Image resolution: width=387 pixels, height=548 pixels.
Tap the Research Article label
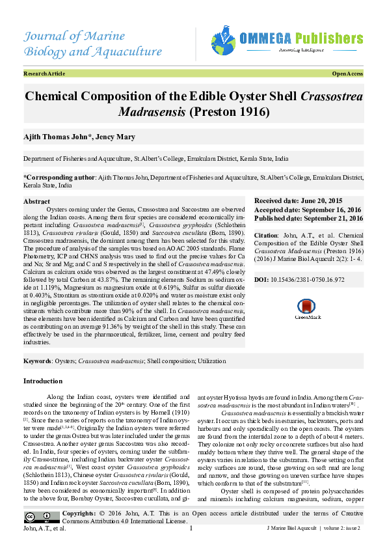pos(44,74)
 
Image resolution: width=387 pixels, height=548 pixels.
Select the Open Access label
pos(347,74)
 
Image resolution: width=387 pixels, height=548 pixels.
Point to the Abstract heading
pos(36,202)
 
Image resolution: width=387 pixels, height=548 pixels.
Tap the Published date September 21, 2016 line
pos(308,218)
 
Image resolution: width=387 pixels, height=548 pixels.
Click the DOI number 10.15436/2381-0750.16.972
pos(316,279)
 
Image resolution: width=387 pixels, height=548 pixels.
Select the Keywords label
pos(37,360)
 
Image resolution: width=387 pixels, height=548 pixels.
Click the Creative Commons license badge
pos(33,517)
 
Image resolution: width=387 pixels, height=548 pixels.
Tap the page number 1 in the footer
pos(191,528)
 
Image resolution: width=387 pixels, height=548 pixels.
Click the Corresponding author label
pos(59,177)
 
